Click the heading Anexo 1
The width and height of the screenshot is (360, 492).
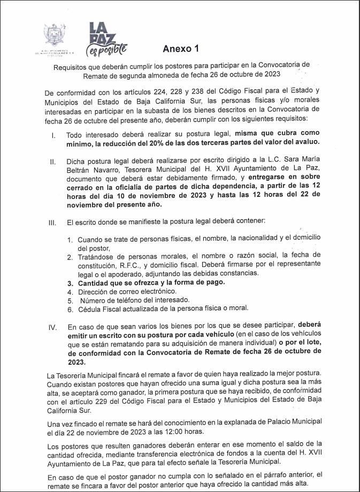pyautogui.click(x=181, y=49)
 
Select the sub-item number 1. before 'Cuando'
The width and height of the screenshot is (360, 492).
pyautogui.click(x=70, y=240)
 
